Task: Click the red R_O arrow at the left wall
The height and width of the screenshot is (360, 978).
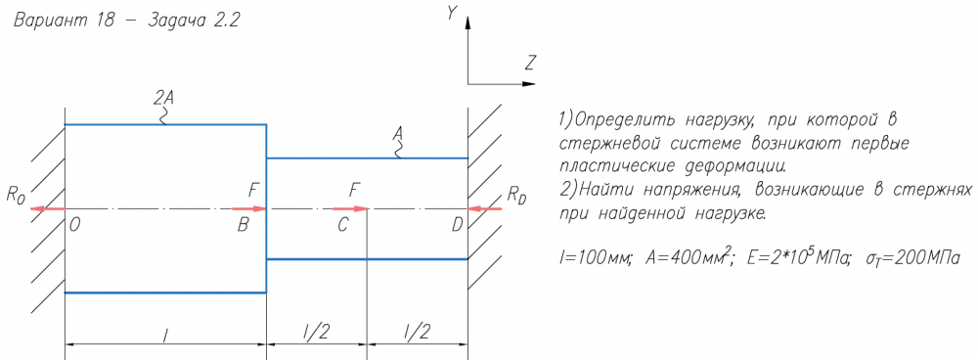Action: click(x=47, y=209)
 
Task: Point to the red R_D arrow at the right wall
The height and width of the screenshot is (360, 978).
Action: click(x=485, y=209)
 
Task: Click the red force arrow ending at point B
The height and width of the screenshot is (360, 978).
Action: click(x=249, y=209)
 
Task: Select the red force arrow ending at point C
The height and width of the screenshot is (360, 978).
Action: click(x=351, y=209)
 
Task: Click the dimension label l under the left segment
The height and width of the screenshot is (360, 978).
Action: click(x=164, y=337)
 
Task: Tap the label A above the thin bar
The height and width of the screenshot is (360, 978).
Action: click(x=397, y=132)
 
